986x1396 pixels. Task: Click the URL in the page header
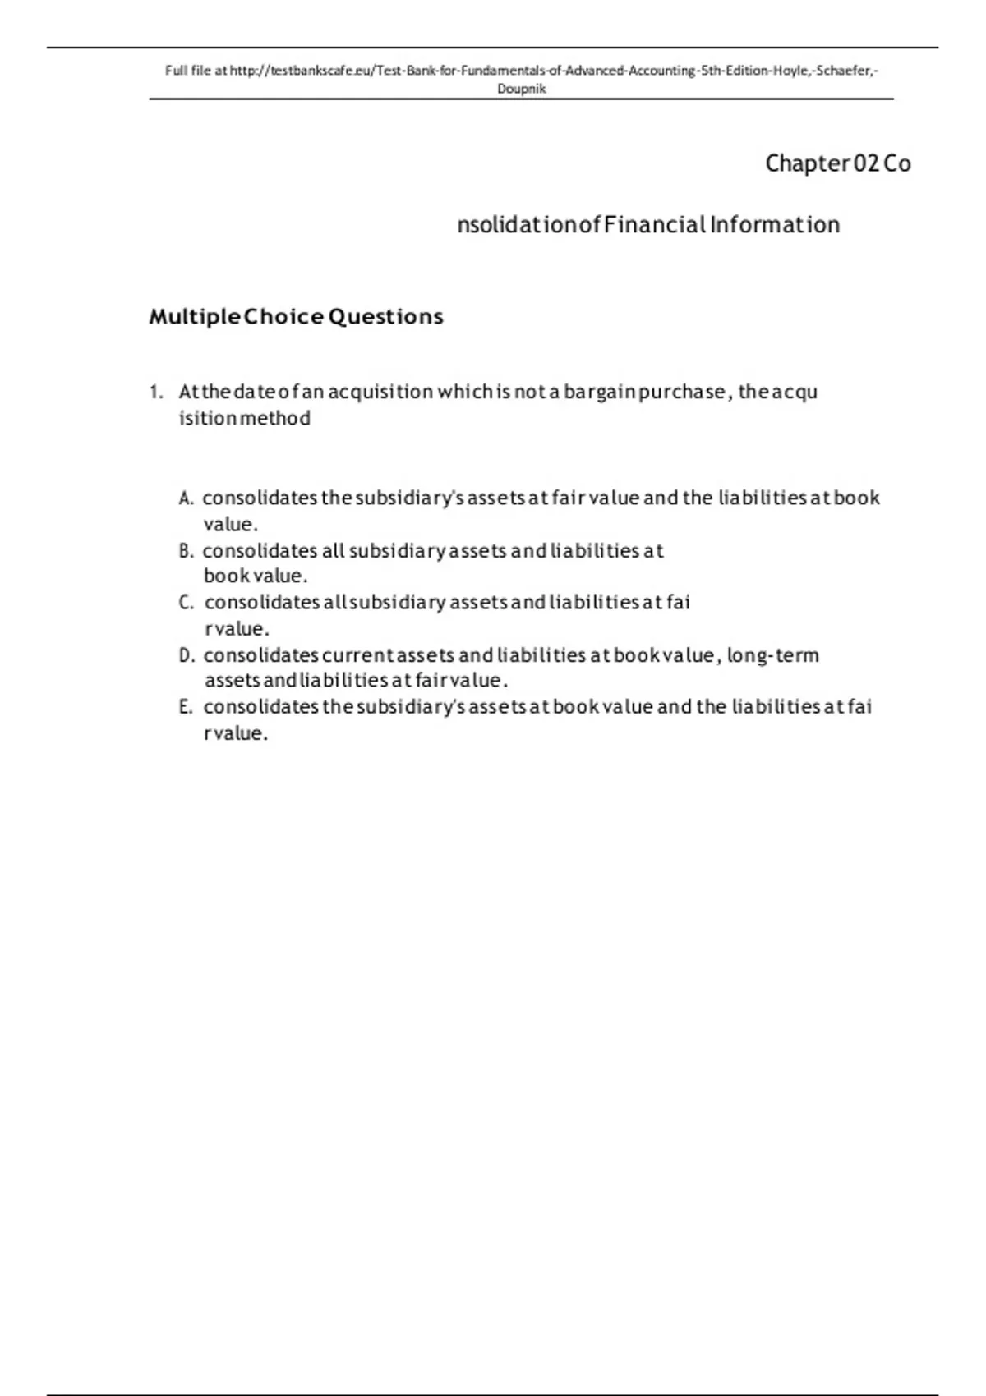click(553, 71)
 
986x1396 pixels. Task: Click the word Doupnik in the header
click(522, 89)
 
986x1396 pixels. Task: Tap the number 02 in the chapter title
click(866, 163)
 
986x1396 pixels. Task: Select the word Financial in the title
click(655, 225)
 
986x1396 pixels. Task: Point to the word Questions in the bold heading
click(385, 317)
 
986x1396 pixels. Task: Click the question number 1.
click(156, 393)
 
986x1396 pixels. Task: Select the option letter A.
click(186, 498)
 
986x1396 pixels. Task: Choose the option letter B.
click(186, 551)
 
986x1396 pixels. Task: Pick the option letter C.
click(186, 603)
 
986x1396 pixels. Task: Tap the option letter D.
click(187, 655)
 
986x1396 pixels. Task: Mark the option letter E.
click(185, 707)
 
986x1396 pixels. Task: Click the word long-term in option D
click(772, 655)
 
